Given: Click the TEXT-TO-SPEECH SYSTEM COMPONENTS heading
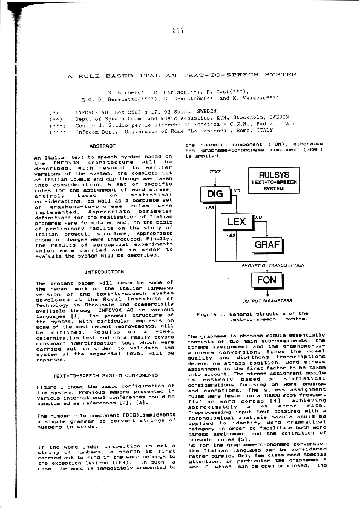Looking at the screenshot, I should pyautogui.click(x=104, y=375).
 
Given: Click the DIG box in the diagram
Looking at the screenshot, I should pyautogui.click(x=215, y=193).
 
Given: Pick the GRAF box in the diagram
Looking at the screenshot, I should pyautogui.click(x=267, y=244).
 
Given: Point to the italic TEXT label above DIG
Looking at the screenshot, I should pyautogui.click(x=215, y=172).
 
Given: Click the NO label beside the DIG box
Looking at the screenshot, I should pyautogui.click(x=237, y=190).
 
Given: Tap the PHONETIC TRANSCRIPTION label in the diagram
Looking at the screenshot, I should pyautogui.click(x=272, y=265).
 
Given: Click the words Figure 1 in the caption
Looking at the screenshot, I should pyautogui.click(x=210, y=313).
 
